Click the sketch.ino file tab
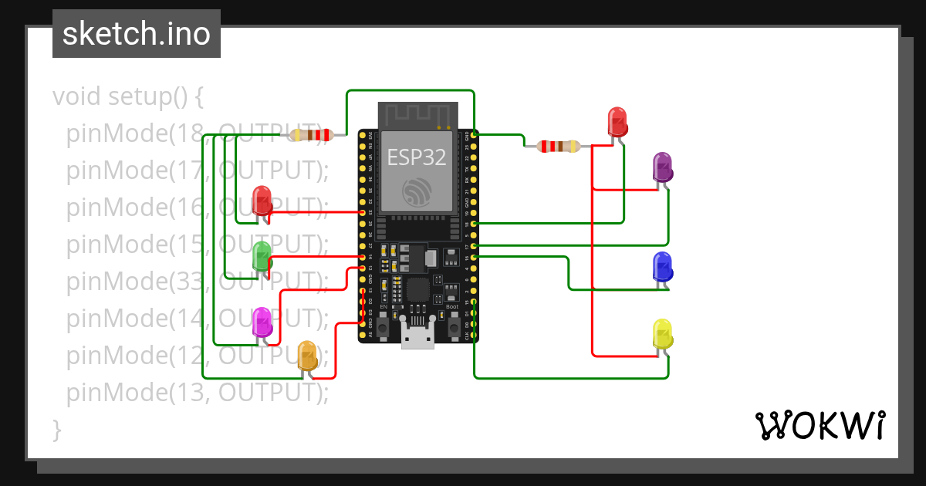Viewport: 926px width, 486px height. (137, 34)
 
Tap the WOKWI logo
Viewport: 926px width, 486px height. (819, 425)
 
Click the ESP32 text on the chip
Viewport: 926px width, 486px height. (417, 157)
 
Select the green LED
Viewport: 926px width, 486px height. (262, 255)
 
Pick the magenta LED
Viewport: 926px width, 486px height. (262, 321)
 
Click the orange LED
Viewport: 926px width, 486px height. (307, 355)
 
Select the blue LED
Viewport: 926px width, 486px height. (662, 266)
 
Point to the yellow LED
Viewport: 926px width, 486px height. (662, 333)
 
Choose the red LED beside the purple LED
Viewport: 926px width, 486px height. (617, 122)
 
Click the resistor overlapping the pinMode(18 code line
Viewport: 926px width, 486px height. (309, 136)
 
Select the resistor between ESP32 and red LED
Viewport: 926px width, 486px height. (559, 146)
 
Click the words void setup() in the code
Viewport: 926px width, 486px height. (128, 97)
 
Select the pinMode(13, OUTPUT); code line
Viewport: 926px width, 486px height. (198, 393)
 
